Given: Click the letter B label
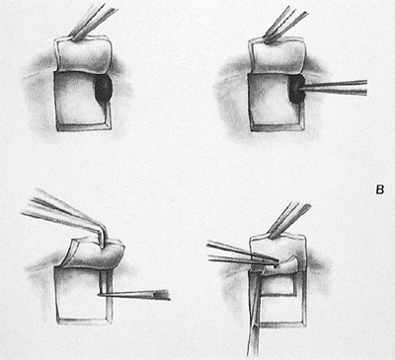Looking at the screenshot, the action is pyautogui.click(x=380, y=190).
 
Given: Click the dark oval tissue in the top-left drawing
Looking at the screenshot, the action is pyautogui.click(x=104, y=89).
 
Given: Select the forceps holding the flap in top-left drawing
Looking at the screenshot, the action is pyautogui.click(x=94, y=22).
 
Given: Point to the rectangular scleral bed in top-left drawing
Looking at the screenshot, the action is pyautogui.click(x=82, y=102).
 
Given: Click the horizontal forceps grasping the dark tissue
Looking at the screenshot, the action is pyautogui.click(x=333, y=88).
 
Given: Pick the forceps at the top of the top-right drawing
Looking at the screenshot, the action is pyautogui.click(x=285, y=25).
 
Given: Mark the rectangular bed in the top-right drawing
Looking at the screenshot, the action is pyautogui.click(x=276, y=103).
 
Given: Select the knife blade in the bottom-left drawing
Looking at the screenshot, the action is pyautogui.click(x=134, y=296).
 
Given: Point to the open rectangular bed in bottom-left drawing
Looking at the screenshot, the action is pyautogui.click(x=83, y=295).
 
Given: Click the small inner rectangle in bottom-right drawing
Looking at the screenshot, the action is pyautogui.click(x=279, y=283).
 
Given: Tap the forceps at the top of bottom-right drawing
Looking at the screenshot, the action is pyautogui.click(x=289, y=221).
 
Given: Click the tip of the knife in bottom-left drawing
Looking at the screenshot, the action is pyautogui.click(x=99, y=295).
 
